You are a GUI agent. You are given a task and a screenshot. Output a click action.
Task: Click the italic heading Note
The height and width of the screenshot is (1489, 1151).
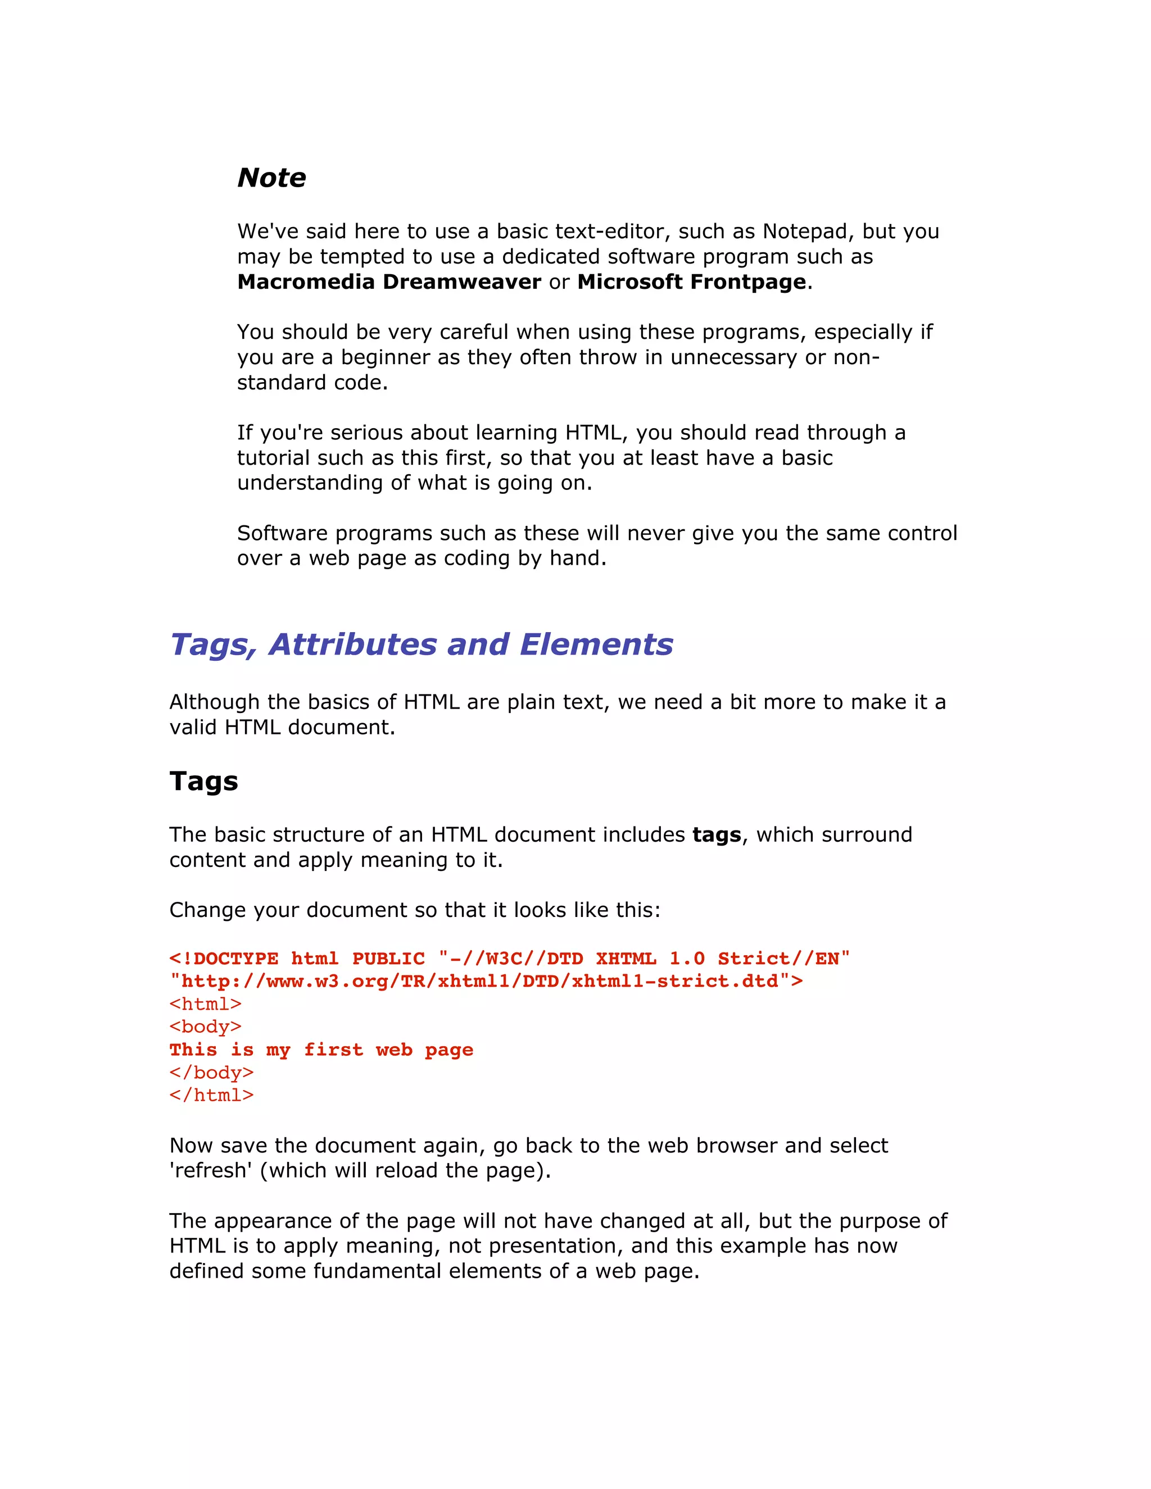(271, 178)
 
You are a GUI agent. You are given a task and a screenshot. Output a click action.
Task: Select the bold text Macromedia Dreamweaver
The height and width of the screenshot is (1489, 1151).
(389, 282)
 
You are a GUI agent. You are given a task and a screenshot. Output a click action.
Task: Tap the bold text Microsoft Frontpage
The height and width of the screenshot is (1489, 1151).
(691, 282)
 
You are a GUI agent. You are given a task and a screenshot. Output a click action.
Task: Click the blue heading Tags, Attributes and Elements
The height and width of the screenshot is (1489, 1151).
(421, 644)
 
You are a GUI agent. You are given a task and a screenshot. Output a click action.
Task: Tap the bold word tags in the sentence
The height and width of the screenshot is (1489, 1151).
(716, 835)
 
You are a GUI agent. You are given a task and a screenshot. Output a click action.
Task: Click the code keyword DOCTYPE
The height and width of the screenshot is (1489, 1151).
(235, 959)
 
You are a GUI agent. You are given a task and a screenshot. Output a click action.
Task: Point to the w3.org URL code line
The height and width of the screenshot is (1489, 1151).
(486, 981)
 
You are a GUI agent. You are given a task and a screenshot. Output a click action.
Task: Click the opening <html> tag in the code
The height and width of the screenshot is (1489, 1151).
(205, 1004)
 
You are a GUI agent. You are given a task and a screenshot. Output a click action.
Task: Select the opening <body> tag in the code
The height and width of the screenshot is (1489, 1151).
(205, 1027)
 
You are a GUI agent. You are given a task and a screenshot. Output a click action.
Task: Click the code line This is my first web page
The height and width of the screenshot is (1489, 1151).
(321, 1050)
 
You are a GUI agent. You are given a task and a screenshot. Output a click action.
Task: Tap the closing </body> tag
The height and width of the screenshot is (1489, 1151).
(211, 1073)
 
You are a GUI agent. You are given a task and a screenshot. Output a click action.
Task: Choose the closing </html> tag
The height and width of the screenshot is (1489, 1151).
(211, 1095)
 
